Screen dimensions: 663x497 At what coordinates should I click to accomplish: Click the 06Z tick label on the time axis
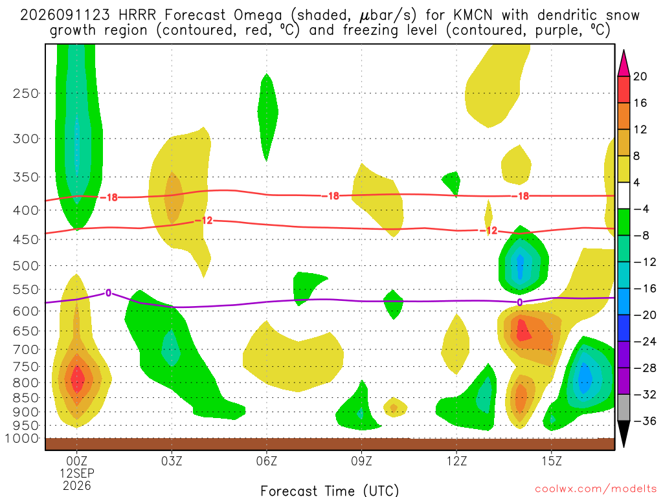coord(266,461)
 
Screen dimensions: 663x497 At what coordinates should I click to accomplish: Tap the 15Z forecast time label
coord(552,461)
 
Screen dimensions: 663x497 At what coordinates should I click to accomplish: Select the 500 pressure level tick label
coord(26,266)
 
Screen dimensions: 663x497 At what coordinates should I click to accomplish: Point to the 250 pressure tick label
coord(26,93)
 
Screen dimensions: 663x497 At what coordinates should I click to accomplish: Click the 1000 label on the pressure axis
coord(23,438)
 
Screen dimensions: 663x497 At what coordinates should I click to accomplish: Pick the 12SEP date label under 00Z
coord(76,473)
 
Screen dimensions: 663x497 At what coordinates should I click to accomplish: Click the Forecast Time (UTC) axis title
coord(330,491)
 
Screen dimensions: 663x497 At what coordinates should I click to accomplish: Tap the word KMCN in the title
coord(473,16)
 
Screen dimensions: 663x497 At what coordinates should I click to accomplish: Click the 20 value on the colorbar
coord(640,76)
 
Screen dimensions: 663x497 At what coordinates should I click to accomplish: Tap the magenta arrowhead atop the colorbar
coord(624,63)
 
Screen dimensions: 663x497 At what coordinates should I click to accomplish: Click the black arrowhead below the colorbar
coord(624,434)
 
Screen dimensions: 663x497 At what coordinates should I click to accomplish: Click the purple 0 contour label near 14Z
coord(520,302)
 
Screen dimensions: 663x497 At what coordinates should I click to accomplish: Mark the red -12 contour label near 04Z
coord(204,221)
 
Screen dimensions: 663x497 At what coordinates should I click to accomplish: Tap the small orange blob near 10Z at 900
coord(394,408)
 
